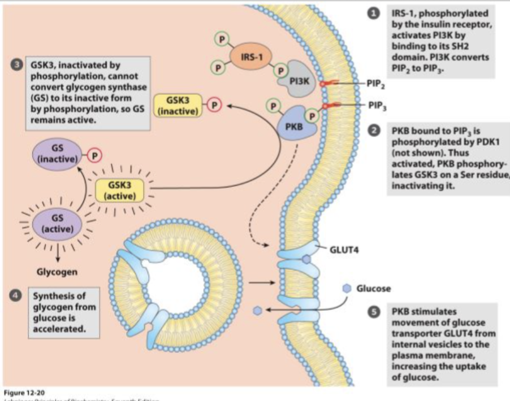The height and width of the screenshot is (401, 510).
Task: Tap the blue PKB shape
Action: [295, 125]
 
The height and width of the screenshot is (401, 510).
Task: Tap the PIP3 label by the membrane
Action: [377, 105]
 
